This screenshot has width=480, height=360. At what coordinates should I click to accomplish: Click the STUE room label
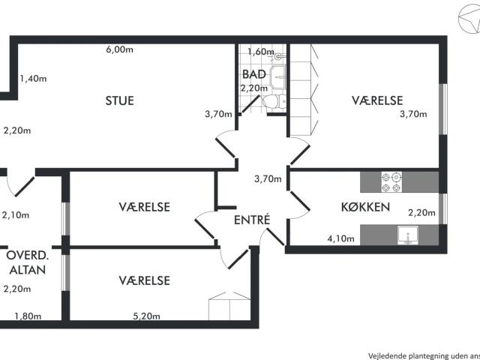pyautogui.click(x=120, y=100)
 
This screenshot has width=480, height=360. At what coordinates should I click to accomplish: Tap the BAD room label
pyautogui.click(x=253, y=74)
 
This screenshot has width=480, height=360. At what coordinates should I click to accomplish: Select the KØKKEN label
pyautogui.click(x=365, y=207)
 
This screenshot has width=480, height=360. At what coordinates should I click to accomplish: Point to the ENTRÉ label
pyautogui.click(x=252, y=220)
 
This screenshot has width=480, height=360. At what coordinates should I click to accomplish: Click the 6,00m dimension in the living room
pyautogui.click(x=120, y=49)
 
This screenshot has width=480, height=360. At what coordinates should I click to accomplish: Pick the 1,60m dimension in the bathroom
pyautogui.click(x=261, y=52)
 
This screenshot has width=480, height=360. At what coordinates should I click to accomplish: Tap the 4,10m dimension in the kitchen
pyautogui.click(x=341, y=238)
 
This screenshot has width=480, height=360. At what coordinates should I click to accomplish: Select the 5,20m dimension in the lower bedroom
pyautogui.click(x=146, y=316)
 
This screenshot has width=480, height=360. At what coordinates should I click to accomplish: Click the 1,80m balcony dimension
pyautogui.click(x=28, y=316)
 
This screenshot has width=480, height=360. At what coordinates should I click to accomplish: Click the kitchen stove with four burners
pyautogui.click(x=391, y=181)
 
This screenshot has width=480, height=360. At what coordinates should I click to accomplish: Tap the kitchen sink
pyautogui.click(x=408, y=235)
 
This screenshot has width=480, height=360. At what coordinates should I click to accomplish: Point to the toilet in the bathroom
pyautogui.click(x=274, y=101)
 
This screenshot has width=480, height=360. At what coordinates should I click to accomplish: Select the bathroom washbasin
pyautogui.click(x=277, y=76)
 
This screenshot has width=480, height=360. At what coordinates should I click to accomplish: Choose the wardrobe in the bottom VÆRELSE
pyautogui.click(x=229, y=306)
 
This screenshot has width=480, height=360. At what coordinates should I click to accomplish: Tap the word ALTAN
pyautogui.click(x=28, y=270)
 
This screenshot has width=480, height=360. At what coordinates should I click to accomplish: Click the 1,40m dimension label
pyautogui.click(x=33, y=79)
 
